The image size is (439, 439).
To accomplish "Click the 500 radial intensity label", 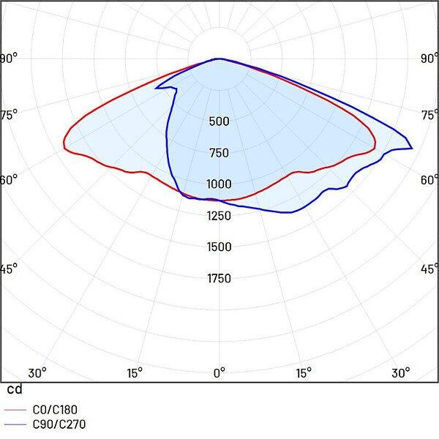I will [219, 121].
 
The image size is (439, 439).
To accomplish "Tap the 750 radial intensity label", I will [219, 153].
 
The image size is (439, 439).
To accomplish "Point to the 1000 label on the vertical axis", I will [219, 184].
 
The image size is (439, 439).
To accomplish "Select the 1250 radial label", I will [219, 216].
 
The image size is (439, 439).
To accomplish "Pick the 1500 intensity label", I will [219, 247].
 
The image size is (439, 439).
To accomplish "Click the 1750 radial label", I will [219, 279].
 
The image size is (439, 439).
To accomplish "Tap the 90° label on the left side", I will [9, 59].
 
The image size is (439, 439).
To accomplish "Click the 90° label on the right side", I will [429, 59].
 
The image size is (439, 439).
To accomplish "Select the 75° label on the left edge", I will [9, 113].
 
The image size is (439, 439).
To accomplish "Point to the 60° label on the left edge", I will [9, 179].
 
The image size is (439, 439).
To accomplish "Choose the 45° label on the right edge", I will [429, 269].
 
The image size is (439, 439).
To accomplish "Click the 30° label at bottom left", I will [37, 372].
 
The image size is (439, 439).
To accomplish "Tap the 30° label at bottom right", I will [401, 372].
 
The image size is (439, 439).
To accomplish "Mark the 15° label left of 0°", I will [135, 372].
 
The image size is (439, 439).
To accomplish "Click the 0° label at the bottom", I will [219, 372].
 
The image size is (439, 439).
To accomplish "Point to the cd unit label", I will [13, 389].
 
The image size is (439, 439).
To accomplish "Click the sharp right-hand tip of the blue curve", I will [413, 149].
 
